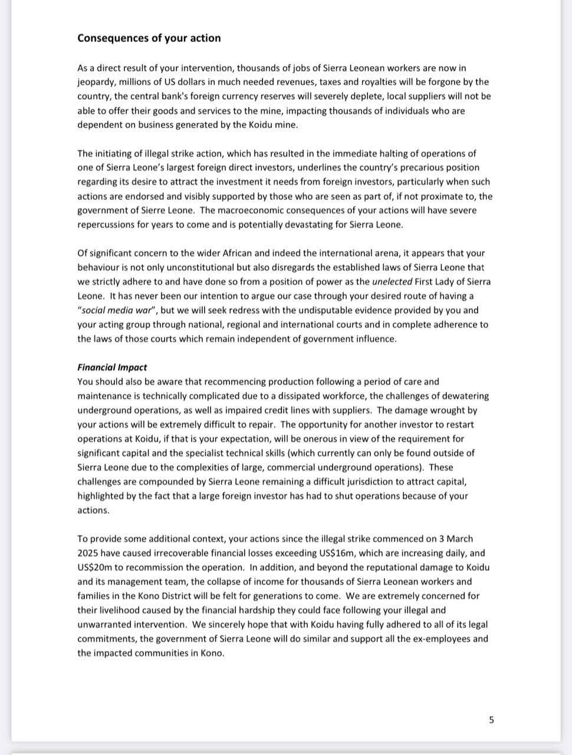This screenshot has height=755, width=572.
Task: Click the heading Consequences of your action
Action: [x=149, y=38]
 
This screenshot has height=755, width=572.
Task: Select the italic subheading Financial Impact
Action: [x=112, y=367]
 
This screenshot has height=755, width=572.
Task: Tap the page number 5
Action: [x=491, y=720]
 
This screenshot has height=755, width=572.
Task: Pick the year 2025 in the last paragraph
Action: [x=88, y=553]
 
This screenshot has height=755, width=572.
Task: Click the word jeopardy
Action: [x=96, y=82]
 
